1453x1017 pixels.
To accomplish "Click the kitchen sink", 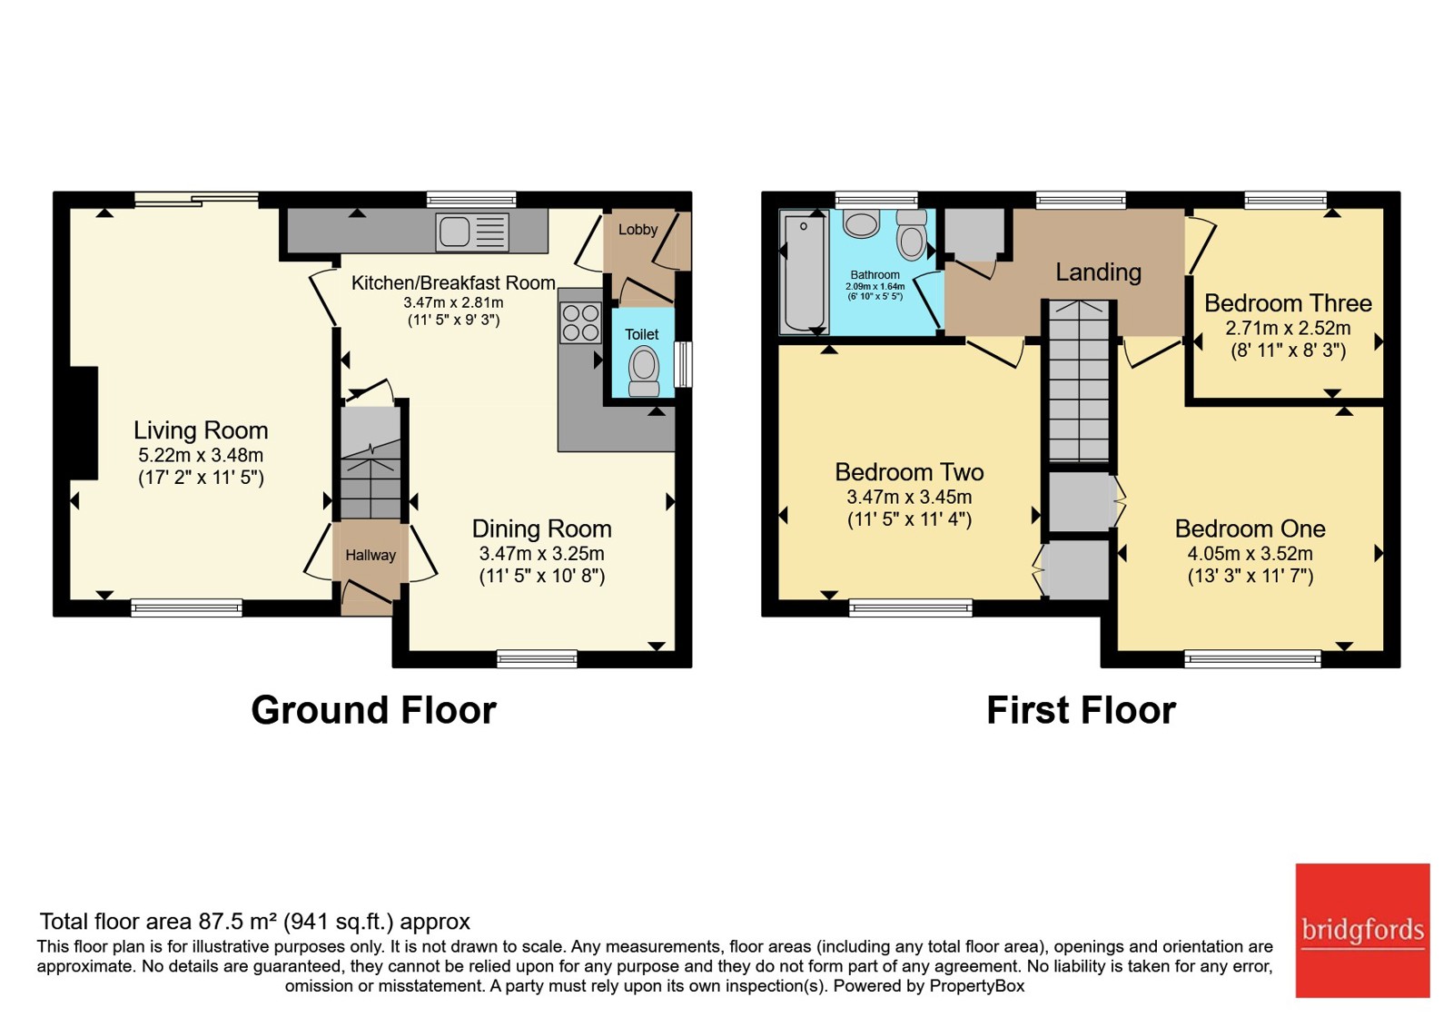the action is (x=472, y=232).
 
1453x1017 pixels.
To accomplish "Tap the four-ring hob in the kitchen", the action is (x=580, y=323).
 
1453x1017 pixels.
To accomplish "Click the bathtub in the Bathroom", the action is (x=805, y=273).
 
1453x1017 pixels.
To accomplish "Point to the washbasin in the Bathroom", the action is (x=861, y=223).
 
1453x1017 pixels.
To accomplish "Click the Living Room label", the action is (x=201, y=430).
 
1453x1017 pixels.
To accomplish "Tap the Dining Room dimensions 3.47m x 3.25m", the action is (x=541, y=553).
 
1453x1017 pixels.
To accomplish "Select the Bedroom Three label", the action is (x=1289, y=303).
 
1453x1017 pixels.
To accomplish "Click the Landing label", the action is (x=1098, y=272).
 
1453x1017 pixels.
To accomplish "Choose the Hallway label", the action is (x=371, y=555).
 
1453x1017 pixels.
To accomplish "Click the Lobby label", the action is (x=638, y=229).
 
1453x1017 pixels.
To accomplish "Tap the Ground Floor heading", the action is (x=373, y=710).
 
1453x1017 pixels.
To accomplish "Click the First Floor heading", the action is (x=1082, y=710).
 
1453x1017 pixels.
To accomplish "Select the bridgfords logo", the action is (x=1362, y=930).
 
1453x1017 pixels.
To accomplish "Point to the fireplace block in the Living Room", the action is (x=84, y=423).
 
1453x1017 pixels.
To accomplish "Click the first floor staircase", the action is (x=1079, y=380).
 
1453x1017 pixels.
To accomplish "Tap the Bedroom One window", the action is (x=1252, y=659).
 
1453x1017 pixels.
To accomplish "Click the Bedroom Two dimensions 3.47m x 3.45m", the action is (x=909, y=497).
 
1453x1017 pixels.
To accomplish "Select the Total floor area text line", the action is (x=255, y=921).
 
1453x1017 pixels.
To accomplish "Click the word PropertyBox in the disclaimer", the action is (x=977, y=986).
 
